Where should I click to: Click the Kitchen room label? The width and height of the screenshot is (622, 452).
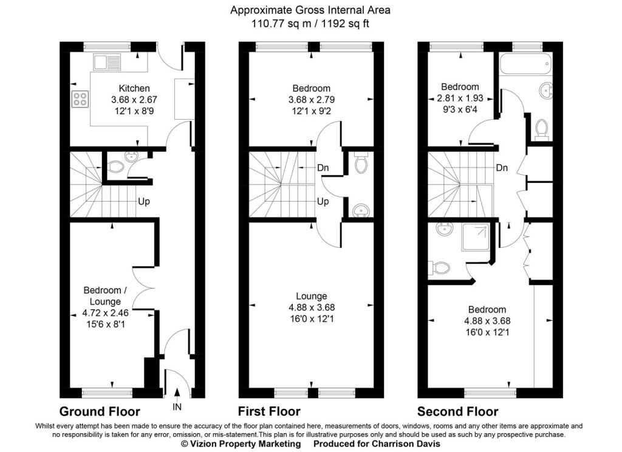(134, 88)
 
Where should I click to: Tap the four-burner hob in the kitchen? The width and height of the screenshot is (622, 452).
(80, 99)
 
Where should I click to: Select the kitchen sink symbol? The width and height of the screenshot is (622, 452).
(107, 63)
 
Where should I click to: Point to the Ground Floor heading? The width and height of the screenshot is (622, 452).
(100, 411)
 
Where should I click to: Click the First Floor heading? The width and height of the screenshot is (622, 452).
(269, 411)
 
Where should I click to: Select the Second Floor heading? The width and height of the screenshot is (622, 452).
(458, 411)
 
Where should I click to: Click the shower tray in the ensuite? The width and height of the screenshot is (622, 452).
(475, 238)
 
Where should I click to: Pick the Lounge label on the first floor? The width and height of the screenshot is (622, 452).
(312, 296)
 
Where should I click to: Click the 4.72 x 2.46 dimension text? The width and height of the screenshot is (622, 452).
(105, 313)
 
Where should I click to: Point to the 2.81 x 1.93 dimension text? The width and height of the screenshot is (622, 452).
(460, 98)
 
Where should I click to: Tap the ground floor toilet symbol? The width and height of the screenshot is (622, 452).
(115, 166)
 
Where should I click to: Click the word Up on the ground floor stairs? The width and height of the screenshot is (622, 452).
(143, 202)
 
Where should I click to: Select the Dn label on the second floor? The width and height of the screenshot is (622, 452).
(502, 168)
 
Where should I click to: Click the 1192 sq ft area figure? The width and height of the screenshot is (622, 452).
(345, 24)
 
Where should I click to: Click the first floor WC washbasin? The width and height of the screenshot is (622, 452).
(360, 210)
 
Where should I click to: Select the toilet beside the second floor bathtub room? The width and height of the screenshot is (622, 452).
(541, 129)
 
